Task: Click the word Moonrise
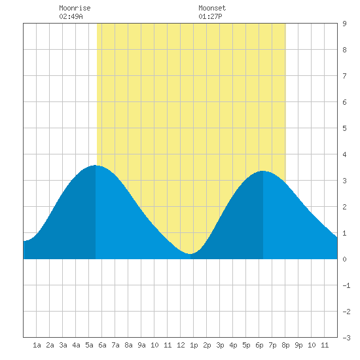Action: pyautogui.click(x=75, y=8)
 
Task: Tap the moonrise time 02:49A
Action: pyautogui.click(x=71, y=16)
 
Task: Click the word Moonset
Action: pyautogui.click(x=212, y=8)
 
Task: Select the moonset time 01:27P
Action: pyautogui.click(x=210, y=16)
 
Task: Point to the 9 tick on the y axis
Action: pyautogui.click(x=344, y=24)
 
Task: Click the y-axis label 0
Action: pyautogui.click(x=344, y=259)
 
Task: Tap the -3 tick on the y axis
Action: pyautogui.click(x=346, y=338)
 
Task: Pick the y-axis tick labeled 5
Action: pyautogui.click(x=344, y=128)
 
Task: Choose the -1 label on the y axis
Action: pyautogui.click(x=346, y=285)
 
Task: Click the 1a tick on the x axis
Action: pyautogui.click(x=37, y=345)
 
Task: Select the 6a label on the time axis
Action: pyautogui.click(x=102, y=345)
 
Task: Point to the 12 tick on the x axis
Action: pyautogui.click(x=181, y=345)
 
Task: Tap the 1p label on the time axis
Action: pyautogui.click(x=194, y=345)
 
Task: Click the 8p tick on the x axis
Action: pyautogui.click(x=285, y=345)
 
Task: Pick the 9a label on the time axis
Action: pyautogui.click(x=141, y=345)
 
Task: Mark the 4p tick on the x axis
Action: pyautogui.click(x=233, y=345)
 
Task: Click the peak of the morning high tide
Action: pyautogui.click(x=95, y=166)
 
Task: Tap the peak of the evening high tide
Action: pyautogui.click(x=263, y=171)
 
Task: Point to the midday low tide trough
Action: pyautogui.click(x=190, y=254)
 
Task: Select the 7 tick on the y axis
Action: pyautogui.click(x=344, y=76)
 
